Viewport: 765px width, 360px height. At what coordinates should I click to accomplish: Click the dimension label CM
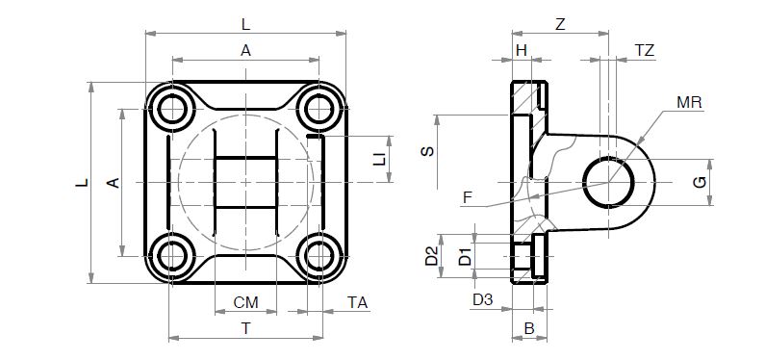pos(245,302)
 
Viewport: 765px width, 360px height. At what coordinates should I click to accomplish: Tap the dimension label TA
pos(358,302)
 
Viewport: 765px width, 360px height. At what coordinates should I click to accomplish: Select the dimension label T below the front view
pos(246,329)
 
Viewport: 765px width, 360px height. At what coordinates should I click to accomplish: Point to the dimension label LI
pos(379,159)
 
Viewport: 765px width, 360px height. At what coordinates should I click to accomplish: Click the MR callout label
pos(689,102)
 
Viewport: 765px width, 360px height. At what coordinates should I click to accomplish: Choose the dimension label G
pos(701,183)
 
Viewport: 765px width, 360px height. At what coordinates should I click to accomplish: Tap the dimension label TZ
pos(645,50)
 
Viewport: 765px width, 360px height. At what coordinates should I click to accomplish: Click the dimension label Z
pos(560,24)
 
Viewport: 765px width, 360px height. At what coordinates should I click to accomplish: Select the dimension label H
pos(523,50)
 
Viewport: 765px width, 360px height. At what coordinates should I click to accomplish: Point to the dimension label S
pos(427,152)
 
